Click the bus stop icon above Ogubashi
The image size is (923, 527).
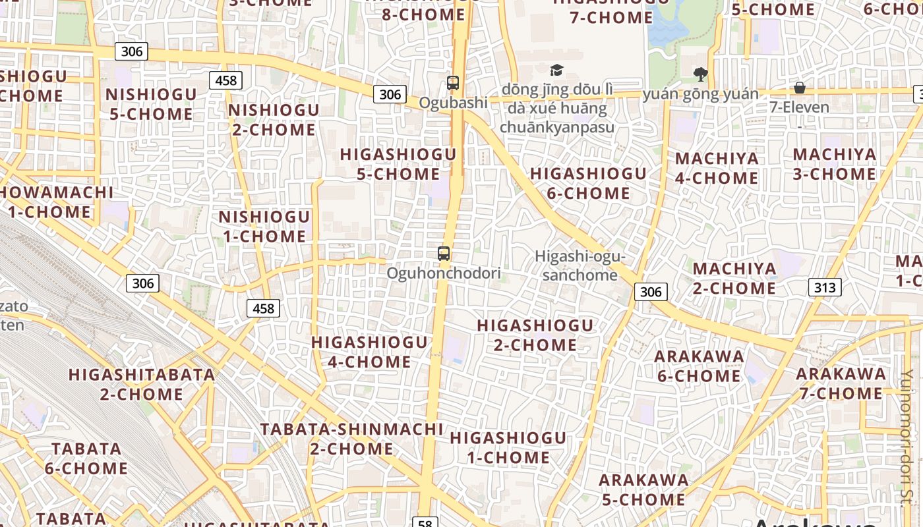(453, 83)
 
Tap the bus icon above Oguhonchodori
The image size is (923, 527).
(444, 253)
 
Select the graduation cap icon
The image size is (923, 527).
(557, 70)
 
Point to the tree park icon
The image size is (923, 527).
(700, 74)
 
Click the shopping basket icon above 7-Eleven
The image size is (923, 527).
(800, 88)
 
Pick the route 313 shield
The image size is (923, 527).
(824, 287)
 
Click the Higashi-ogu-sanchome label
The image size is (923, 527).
(580, 265)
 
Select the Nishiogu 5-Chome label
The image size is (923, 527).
(151, 104)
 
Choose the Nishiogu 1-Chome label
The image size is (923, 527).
(264, 226)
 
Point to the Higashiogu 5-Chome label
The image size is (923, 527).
(398, 164)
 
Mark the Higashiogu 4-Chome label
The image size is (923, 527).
(369, 352)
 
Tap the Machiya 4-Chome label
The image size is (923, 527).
(717, 168)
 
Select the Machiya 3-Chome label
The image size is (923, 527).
(835, 164)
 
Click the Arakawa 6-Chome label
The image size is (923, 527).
(699, 366)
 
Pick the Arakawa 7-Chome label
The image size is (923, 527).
(840, 383)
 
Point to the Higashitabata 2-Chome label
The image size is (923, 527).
(142, 385)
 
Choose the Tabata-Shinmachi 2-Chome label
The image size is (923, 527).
(352, 439)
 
